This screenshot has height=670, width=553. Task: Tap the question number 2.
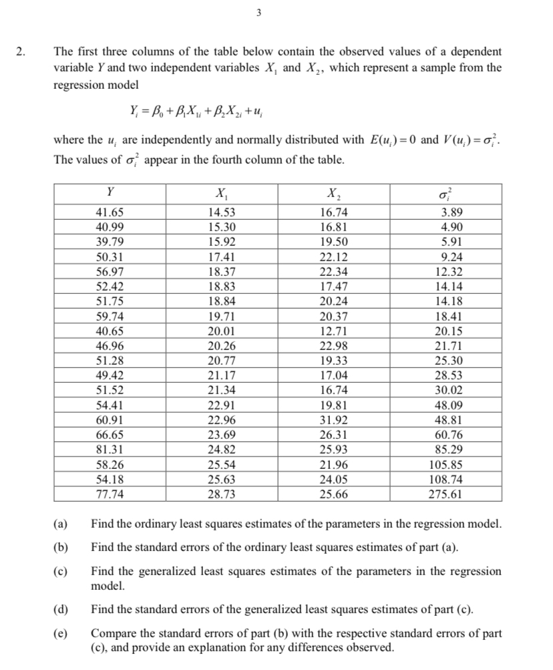pos(22,51)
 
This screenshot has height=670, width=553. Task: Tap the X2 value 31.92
pos(334,420)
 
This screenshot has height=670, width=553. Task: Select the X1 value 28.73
pos(222,495)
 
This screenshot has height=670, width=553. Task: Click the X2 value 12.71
pos(334,331)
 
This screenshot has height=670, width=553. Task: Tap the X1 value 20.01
pos(222,331)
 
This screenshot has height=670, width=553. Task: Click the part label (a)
pos(60,523)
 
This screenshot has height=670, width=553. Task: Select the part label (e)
pos(60,633)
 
